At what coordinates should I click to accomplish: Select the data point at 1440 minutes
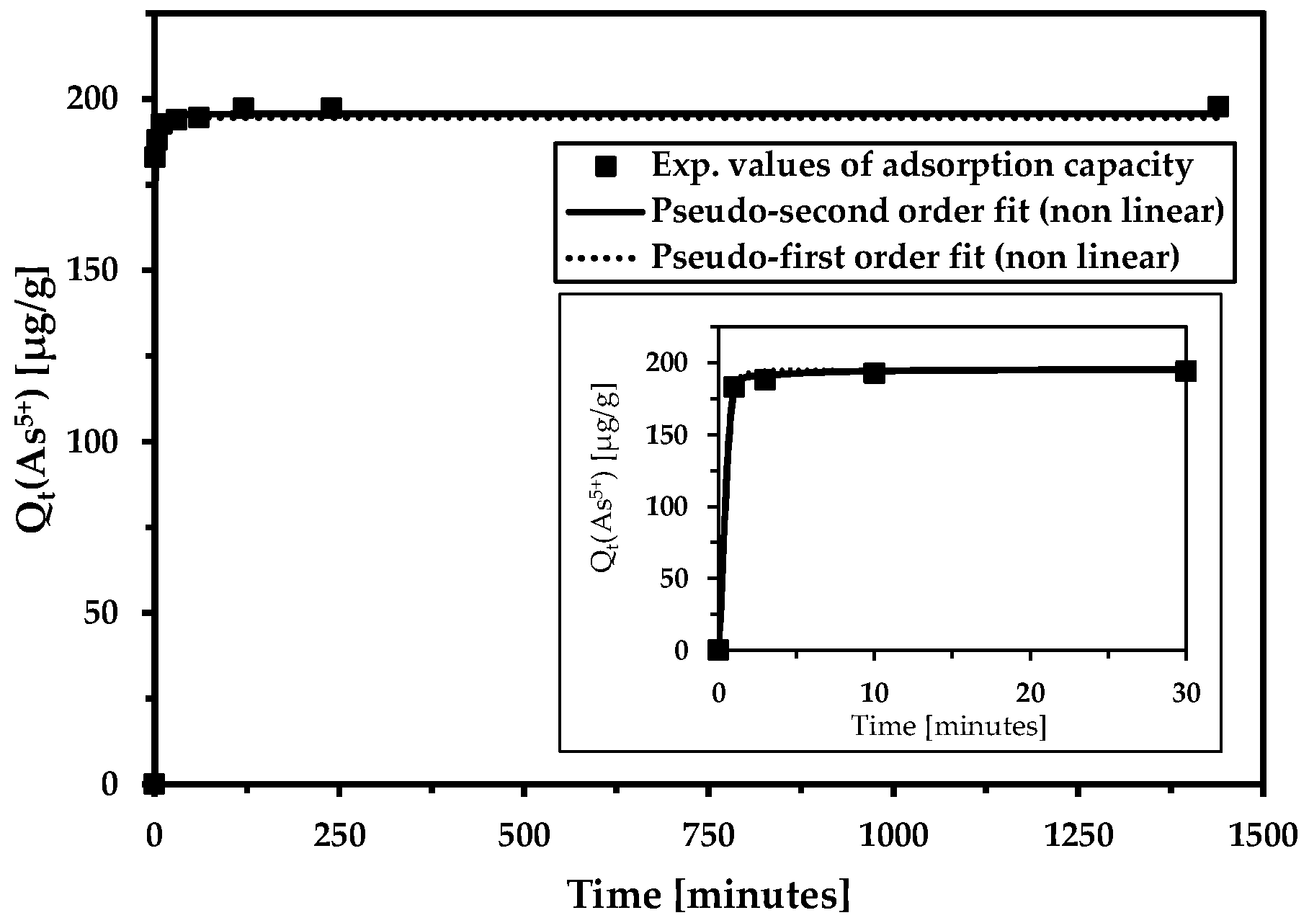(1218, 107)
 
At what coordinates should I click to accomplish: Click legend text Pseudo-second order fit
(937, 211)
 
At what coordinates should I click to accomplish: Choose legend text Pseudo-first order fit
(915, 257)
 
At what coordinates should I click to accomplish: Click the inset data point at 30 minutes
(1185, 371)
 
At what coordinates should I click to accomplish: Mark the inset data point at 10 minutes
(874, 373)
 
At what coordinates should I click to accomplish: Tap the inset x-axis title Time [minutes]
(948, 726)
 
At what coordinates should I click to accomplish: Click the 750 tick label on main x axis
(708, 836)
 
